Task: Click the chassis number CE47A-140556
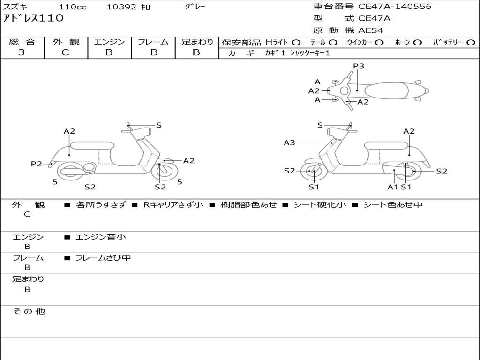[x=395, y=7]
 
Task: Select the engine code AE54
[x=371, y=30]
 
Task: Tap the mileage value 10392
[x=121, y=7]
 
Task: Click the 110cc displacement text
[x=73, y=7]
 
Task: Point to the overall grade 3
[x=22, y=52]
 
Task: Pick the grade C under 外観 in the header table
[x=65, y=52]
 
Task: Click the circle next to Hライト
[x=296, y=43]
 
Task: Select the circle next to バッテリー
[x=471, y=43]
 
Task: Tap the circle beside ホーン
[x=417, y=43]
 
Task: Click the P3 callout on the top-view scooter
[x=359, y=66]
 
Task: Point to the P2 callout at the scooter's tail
[x=37, y=164]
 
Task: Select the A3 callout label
[x=289, y=142]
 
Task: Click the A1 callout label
[x=393, y=187]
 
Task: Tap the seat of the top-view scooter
[x=386, y=90]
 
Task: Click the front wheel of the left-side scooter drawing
[x=164, y=172]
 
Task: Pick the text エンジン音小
[x=101, y=237]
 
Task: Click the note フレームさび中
[x=103, y=258]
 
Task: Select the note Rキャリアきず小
[x=173, y=204]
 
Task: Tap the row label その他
[x=29, y=311]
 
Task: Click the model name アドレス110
[x=33, y=18]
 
